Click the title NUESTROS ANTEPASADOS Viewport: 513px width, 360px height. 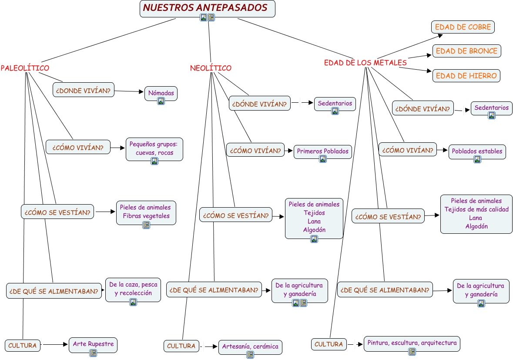[205, 8]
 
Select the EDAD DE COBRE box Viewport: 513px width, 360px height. [463, 27]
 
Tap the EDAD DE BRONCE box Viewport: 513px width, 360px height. [466, 51]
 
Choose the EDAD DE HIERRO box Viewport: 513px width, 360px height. [466, 76]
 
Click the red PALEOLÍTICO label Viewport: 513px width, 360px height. [25, 68]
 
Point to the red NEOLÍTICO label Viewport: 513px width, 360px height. [211, 68]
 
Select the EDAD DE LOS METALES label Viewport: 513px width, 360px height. [365, 63]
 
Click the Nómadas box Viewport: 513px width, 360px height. [161, 93]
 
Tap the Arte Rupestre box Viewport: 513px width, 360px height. [93, 344]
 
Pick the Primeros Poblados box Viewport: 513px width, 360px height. [322, 151]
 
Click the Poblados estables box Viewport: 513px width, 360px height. [477, 151]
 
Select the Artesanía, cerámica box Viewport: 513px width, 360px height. [250, 347]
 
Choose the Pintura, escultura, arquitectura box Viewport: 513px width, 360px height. [412, 343]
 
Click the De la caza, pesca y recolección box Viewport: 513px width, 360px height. [133, 289]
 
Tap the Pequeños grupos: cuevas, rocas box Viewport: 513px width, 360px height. [154, 147]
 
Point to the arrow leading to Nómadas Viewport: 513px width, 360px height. [140, 92]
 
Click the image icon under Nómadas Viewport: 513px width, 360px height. [161, 101]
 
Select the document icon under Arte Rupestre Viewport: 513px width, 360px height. [93, 353]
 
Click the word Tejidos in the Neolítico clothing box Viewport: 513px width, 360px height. [314, 213]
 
